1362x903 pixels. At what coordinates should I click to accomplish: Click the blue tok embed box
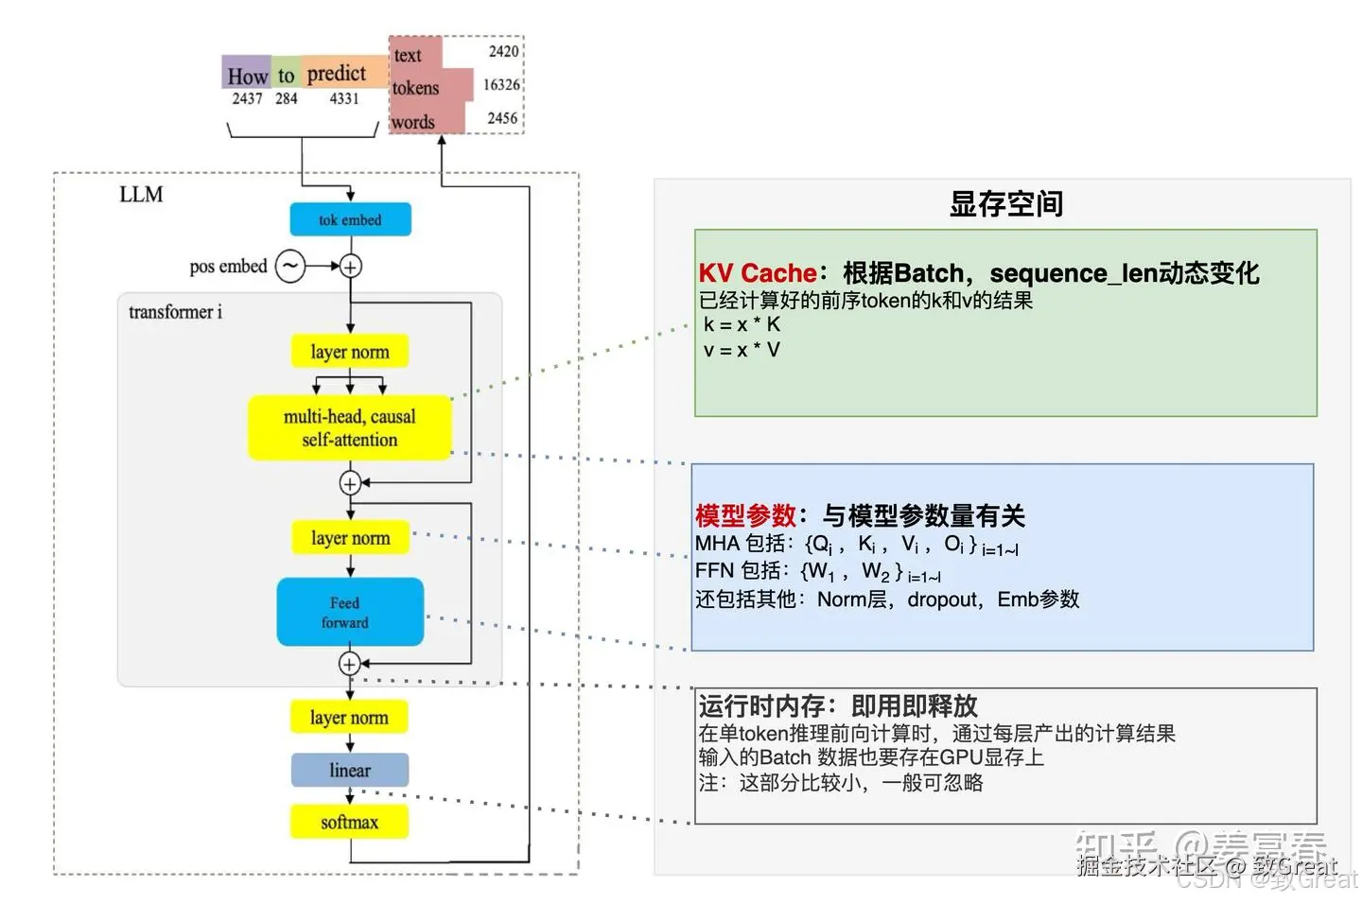[350, 219]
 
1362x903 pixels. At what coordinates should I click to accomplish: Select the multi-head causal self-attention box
[350, 427]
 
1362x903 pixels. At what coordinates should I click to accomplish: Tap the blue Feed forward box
[350, 612]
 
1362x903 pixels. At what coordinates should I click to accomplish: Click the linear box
[350, 770]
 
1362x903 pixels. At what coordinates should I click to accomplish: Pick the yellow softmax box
[350, 822]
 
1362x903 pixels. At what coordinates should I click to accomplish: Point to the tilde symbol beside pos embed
[290, 267]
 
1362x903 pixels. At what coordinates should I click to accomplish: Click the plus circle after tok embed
[350, 267]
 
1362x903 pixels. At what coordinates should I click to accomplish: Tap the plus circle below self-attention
[350, 483]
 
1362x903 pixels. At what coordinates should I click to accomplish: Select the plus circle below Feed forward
[350, 664]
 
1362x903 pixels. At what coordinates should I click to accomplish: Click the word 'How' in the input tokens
[248, 76]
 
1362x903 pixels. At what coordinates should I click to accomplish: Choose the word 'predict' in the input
[337, 73]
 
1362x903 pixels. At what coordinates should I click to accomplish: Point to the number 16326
[501, 85]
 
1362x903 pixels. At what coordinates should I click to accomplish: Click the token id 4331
[344, 98]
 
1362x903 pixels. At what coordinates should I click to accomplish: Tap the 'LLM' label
[141, 195]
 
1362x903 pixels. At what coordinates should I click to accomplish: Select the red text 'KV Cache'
[758, 273]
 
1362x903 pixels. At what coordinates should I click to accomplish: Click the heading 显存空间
[1006, 203]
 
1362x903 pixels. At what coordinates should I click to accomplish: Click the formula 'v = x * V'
[742, 350]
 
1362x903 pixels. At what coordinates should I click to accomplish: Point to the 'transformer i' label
[176, 312]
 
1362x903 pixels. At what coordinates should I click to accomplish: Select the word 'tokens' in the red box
[416, 88]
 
